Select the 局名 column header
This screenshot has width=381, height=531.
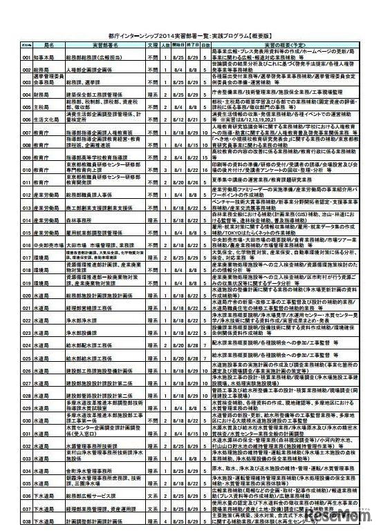[x=39, y=43]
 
